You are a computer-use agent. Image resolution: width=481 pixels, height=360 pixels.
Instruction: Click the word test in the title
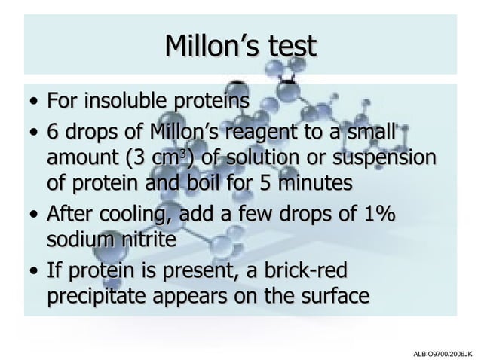click(290, 47)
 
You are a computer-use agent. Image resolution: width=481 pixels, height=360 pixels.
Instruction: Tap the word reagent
click(292, 133)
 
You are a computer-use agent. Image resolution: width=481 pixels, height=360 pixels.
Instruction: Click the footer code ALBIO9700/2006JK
click(443, 352)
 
